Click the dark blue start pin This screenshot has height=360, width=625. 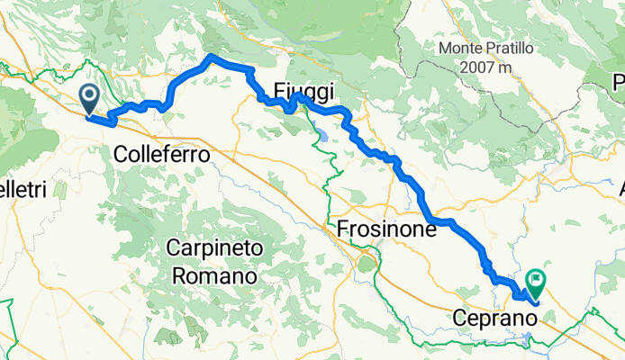point(90,97)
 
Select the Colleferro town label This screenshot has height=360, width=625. point(162,155)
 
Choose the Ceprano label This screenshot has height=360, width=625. point(491,318)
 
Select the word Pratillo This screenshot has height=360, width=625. point(512,48)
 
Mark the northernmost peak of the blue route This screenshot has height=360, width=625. point(212,57)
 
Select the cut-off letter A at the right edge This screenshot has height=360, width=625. point(620,190)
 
